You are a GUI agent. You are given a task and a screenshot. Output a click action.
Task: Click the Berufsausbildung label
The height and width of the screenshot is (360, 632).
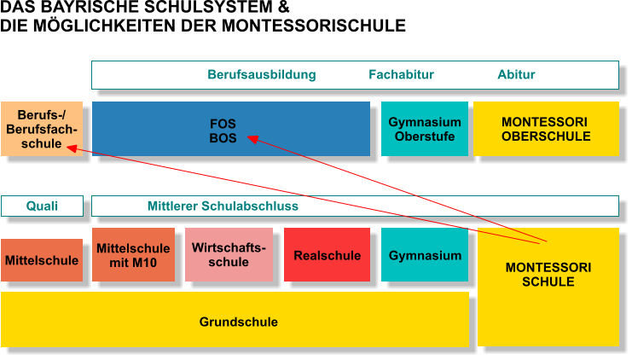coord(261,75)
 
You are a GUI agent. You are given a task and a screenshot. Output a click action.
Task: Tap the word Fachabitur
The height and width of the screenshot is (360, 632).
coord(401,75)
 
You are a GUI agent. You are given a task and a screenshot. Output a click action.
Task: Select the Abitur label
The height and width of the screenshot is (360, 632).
coord(516,75)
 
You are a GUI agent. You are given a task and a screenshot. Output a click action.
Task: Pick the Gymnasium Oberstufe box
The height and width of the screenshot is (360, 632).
coord(425,129)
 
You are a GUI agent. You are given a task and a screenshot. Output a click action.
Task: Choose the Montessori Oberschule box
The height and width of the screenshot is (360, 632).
coord(546,129)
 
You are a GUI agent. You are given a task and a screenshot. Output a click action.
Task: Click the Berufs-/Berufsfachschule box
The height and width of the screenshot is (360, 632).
coord(42,129)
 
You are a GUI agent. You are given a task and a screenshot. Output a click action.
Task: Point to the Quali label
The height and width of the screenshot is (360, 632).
coord(42,206)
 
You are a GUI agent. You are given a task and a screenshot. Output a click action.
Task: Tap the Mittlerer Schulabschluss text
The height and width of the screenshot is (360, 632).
coord(223,206)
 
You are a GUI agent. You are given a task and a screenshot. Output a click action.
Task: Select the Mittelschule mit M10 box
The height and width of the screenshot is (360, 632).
coord(133,255)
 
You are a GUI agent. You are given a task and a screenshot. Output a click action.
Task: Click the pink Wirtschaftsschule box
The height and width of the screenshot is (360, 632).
coord(229,255)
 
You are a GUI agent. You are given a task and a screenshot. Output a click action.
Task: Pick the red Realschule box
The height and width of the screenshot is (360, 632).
coord(327,255)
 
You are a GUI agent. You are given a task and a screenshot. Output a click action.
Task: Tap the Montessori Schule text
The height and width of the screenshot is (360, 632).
coord(548,275)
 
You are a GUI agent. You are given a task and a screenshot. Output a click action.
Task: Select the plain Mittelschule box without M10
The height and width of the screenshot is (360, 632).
coord(42,260)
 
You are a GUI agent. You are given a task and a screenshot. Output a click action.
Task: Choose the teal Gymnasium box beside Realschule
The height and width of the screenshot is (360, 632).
coord(425,255)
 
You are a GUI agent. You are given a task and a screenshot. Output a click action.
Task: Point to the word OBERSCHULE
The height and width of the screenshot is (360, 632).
coord(546,136)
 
